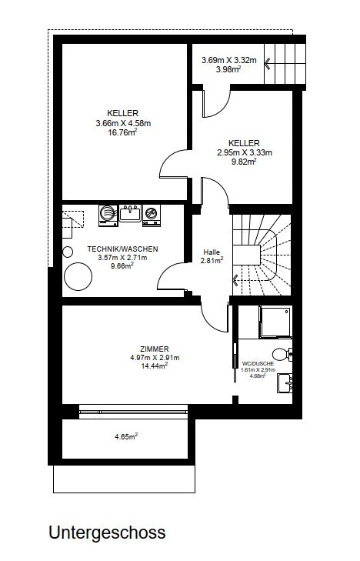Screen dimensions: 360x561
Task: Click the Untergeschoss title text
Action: (x=107, y=533)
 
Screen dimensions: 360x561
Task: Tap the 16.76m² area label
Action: (x=122, y=132)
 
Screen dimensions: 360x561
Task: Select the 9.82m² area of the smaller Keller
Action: (x=244, y=162)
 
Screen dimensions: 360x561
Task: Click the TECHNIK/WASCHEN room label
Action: (x=122, y=249)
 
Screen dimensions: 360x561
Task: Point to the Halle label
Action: (x=212, y=252)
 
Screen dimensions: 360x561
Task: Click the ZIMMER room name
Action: (x=155, y=349)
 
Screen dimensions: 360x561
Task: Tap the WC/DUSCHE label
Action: (x=258, y=363)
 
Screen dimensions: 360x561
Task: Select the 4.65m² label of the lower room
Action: (x=126, y=436)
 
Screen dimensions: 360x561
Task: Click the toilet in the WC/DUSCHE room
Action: (x=282, y=354)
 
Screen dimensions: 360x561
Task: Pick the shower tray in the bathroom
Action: (x=275, y=322)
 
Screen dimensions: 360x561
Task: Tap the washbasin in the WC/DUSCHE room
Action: (x=285, y=383)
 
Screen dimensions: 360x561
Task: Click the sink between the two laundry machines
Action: (x=130, y=214)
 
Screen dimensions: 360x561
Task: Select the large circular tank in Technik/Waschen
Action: (x=78, y=276)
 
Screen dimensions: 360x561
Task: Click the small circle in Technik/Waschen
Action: (x=68, y=252)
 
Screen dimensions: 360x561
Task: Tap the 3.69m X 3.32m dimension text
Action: (x=228, y=60)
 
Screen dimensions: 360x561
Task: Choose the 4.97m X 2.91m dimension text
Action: (x=155, y=357)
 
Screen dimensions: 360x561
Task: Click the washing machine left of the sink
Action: (x=108, y=215)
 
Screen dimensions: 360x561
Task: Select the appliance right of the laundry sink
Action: (x=152, y=215)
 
